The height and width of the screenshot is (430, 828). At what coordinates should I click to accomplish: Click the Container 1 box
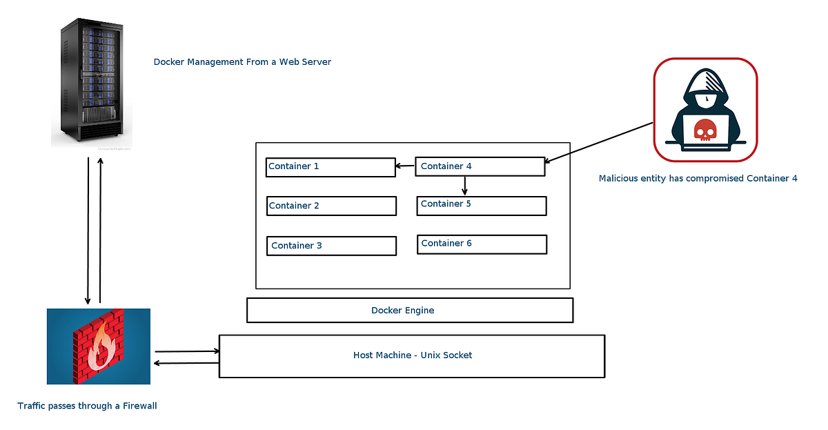[330, 167]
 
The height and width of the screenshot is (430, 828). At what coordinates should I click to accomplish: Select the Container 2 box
[331, 206]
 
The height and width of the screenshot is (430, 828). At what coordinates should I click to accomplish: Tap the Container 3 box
[331, 246]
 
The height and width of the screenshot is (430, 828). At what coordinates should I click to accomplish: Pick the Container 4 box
[480, 166]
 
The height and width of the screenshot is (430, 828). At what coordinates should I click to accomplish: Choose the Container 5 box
[481, 205]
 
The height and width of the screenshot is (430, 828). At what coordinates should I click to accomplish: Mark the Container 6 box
[482, 244]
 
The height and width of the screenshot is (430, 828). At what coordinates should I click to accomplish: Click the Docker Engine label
[403, 311]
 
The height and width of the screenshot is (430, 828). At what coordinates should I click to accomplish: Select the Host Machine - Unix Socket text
[413, 355]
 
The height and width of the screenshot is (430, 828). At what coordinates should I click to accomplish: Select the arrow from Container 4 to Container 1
[405, 166]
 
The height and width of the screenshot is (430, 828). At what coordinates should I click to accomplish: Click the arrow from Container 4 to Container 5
[464, 185]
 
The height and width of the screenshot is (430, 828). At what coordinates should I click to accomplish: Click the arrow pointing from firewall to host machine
[187, 351]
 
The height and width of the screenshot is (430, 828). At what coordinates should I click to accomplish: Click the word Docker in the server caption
[167, 62]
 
